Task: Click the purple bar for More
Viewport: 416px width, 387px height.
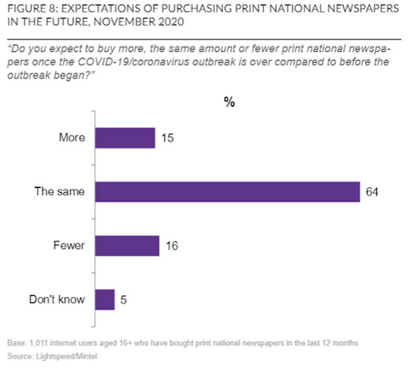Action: click(125, 138)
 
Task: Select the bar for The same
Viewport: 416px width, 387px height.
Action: click(227, 192)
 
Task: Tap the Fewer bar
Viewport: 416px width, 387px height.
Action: click(127, 246)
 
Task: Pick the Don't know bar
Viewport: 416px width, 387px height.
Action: click(105, 300)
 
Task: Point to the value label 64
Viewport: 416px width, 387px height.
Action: click(372, 193)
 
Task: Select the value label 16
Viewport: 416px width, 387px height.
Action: click(172, 247)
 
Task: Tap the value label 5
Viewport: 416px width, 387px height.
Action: click(123, 300)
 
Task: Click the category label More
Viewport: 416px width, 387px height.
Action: click(71, 138)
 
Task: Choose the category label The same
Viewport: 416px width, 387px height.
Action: click(60, 192)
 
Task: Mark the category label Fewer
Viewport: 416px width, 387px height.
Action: click(69, 246)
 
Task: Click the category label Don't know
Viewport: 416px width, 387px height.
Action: click(57, 300)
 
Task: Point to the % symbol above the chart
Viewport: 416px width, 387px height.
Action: click(229, 102)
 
